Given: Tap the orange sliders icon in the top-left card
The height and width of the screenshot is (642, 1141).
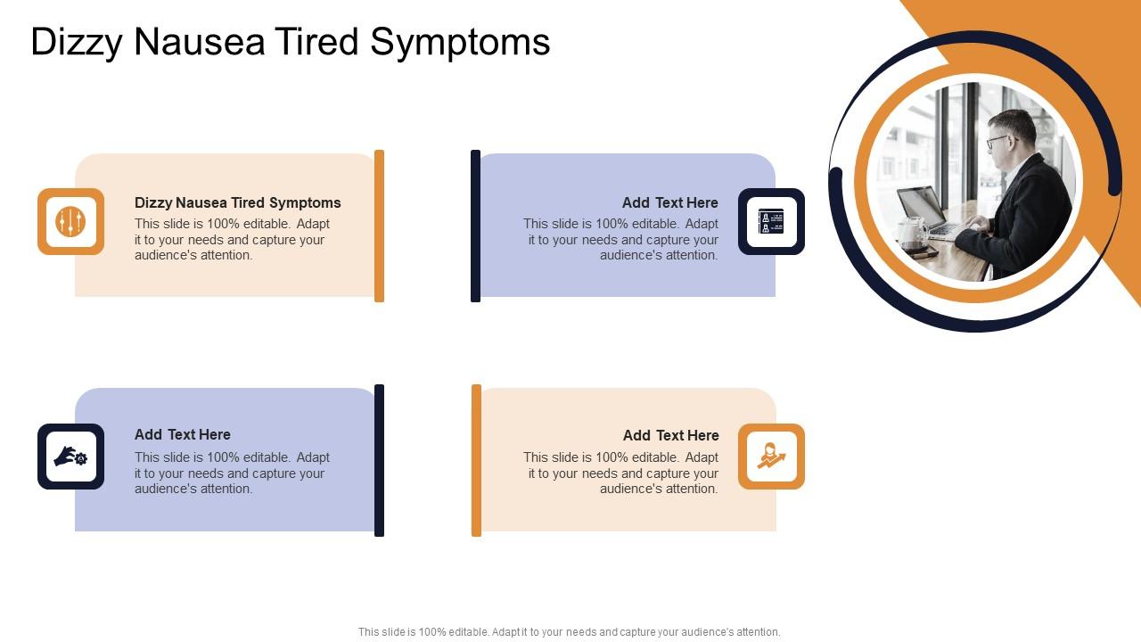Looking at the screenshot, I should pyautogui.click(x=70, y=221).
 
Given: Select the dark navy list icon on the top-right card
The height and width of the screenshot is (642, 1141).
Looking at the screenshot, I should pyautogui.click(x=771, y=221).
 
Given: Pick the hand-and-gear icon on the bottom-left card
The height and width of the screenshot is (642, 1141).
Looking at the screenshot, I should pyautogui.click(x=70, y=457).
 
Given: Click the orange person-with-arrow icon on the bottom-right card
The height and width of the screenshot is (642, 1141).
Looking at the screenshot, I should pyautogui.click(x=771, y=457).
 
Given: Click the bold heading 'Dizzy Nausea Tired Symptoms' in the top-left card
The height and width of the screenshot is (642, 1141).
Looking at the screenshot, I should pyautogui.click(x=237, y=202).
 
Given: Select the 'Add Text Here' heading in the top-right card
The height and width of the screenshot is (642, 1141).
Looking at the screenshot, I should pyautogui.click(x=669, y=202).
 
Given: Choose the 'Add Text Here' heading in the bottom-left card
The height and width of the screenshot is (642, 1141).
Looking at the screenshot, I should pyautogui.click(x=182, y=434).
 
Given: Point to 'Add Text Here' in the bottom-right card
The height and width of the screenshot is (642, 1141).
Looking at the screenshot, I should pyautogui.click(x=670, y=435).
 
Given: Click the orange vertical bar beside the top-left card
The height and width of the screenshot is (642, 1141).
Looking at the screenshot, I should pyautogui.click(x=379, y=226).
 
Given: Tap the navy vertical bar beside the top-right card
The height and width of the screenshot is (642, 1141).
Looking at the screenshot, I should pyautogui.click(x=475, y=226).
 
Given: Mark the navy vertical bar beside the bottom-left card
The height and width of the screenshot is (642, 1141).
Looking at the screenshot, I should pyautogui.click(x=379, y=460).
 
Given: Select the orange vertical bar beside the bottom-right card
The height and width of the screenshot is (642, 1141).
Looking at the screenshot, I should pyautogui.click(x=476, y=460).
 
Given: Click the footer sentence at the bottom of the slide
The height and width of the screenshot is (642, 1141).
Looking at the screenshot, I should pyautogui.click(x=569, y=632).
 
